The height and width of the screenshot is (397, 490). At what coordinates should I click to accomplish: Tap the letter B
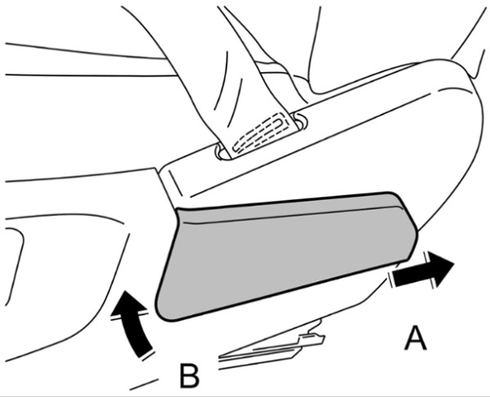click(x=189, y=375)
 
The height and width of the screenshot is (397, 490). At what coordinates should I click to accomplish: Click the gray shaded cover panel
click(x=285, y=254)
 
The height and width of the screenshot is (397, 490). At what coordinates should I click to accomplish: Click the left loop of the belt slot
click(x=220, y=152)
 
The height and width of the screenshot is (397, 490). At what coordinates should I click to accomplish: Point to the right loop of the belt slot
click(x=299, y=122)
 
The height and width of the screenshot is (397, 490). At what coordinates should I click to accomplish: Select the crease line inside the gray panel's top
click(x=290, y=214)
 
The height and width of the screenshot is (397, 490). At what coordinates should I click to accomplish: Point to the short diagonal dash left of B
click(x=144, y=385)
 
